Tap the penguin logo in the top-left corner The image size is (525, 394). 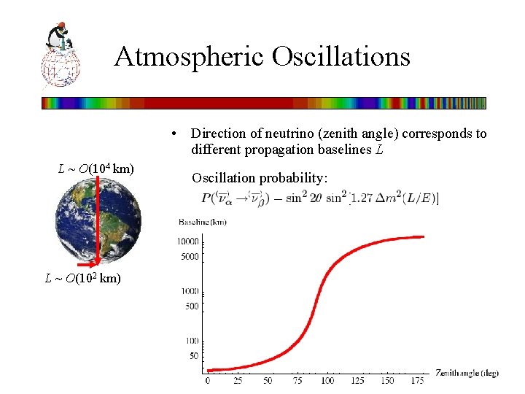pos(61,55)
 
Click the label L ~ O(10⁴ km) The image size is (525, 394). pos(96,169)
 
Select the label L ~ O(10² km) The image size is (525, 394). pos(83,278)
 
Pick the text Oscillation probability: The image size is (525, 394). pos(260,177)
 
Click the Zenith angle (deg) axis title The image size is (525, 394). pos(467,373)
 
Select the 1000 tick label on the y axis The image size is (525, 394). pos(190,291)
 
